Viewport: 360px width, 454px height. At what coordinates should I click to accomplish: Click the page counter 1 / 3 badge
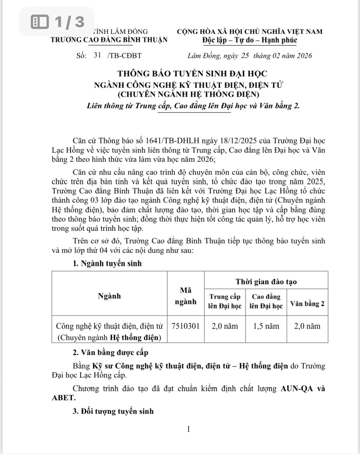coord(59,22)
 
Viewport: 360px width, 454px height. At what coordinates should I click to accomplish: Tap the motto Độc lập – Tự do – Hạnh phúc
coord(250,40)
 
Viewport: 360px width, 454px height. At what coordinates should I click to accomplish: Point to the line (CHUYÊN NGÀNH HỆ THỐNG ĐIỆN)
coord(188,94)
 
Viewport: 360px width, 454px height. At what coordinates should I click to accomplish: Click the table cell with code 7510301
coord(185,326)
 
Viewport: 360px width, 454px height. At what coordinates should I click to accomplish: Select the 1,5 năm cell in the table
coord(266,326)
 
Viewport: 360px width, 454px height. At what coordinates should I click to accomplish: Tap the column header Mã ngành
coord(185,296)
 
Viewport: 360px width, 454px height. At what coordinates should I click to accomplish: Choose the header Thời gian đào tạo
coord(266,282)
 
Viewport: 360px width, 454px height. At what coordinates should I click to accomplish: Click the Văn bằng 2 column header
coord(307,304)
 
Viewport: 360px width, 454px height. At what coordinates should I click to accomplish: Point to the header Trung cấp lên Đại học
coord(225,301)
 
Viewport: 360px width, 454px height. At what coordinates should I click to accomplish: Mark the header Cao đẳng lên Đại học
coord(266,301)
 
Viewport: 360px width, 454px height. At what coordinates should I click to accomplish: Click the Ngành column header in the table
coord(109,296)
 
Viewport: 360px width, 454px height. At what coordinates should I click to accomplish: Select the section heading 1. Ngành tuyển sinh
coord(107,263)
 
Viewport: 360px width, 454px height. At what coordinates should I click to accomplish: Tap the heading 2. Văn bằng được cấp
coord(110,353)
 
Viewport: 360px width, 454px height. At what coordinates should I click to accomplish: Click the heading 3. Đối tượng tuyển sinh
coord(113,411)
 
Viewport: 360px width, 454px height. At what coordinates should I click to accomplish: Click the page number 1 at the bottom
coord(188,429)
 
